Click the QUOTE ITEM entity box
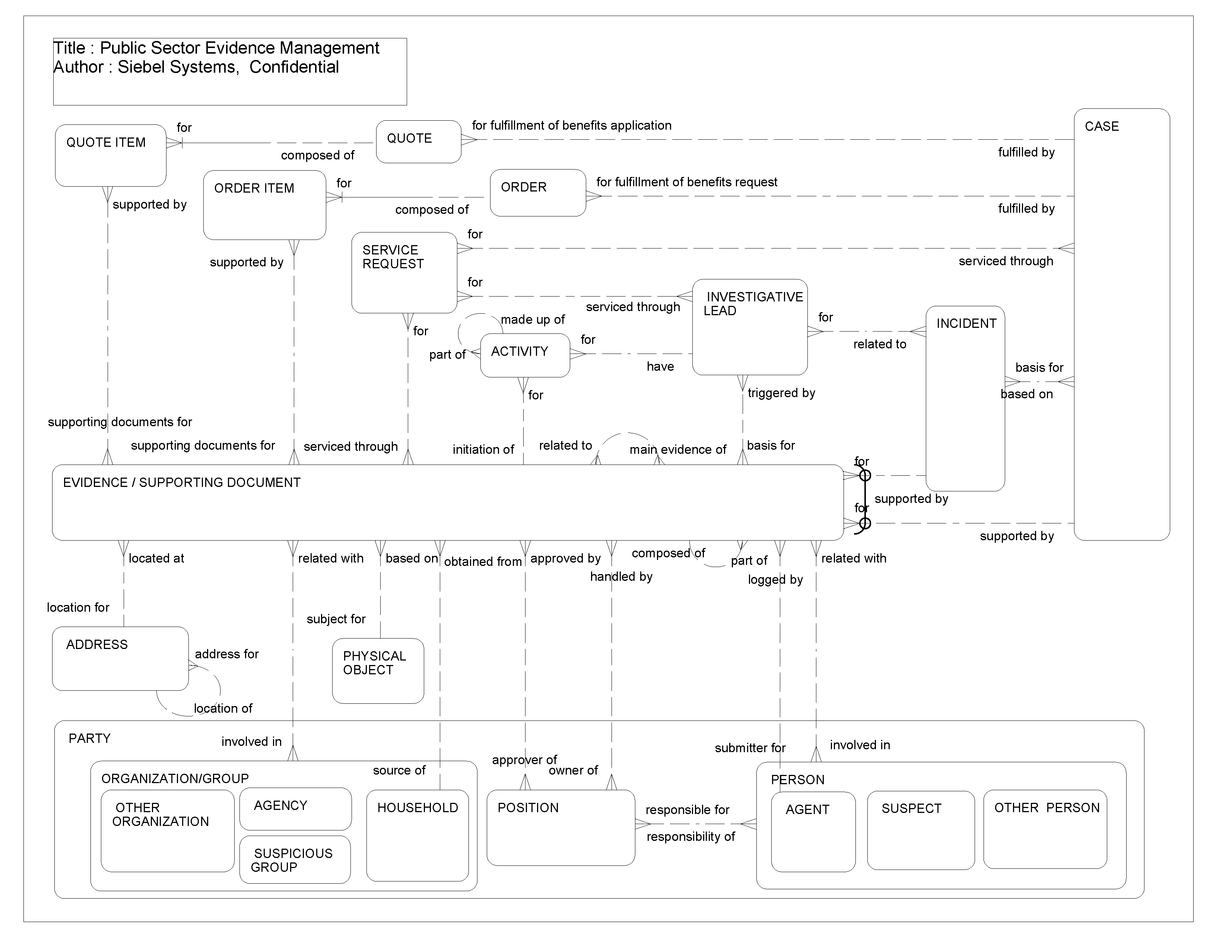[x=110, y=156]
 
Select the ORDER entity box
[x=537, y=193]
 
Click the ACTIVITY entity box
[x=524, y=355]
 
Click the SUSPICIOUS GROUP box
[x=294, y=860]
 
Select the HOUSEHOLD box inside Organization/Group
[x=417, y=836]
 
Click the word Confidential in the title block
[x=294, y=67]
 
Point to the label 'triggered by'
[x=781, y=393]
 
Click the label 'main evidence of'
[x=677, y=450]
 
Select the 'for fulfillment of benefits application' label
[x=571, y=126]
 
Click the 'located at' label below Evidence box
[x=156, y=558]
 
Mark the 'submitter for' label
[x=750, y=748]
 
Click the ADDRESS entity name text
[x=97, y=645]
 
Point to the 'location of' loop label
[x=223, y=709]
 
